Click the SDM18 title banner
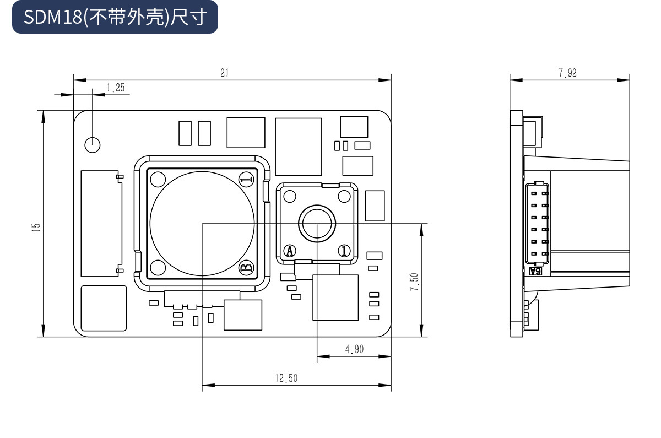(x=115, y=17)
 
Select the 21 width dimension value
(x=224, y=73)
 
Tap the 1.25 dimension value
(x=116, y=87)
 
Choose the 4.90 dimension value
(x=354, y=349)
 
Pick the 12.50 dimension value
(x=286, y=378)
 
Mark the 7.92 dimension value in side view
(x=567, y=73)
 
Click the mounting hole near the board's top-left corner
(x=93, y=144)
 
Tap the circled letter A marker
(x=290, y=251)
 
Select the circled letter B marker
(x=246, y=268)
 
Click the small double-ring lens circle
(x=317, y=223)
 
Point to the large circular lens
(x=202, y=223)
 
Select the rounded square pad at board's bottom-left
(x=104, y=308)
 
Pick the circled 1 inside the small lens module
(x=344, y=251)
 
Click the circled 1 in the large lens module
(x=246, y=179)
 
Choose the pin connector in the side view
(x=538, y=223)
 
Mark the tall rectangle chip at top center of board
(x=298, y=147)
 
